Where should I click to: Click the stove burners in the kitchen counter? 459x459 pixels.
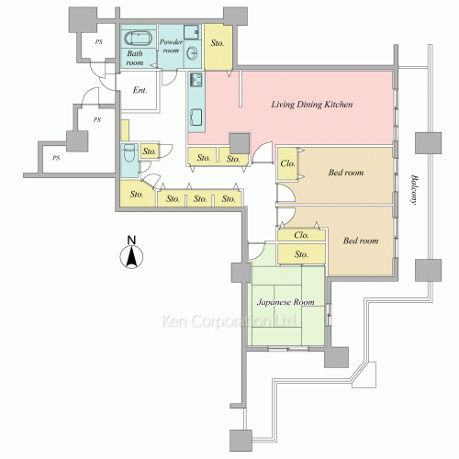196,80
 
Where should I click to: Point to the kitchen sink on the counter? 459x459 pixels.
196,118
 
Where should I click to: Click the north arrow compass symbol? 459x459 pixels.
131,257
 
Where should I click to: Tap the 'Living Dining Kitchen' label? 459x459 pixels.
312,105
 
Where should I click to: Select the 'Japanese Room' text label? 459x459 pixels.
285,302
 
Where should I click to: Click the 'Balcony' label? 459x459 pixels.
414,189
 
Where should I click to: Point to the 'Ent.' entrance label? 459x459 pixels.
140,90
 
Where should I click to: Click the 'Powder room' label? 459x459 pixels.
171,46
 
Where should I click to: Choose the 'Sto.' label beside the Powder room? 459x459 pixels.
218,43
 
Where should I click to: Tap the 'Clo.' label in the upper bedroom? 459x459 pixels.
287,163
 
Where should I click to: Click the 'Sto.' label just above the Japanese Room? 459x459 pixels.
301,254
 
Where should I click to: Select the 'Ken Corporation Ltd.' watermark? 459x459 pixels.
229,321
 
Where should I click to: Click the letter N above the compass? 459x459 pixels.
131,240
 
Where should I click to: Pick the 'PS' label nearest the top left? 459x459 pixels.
98,42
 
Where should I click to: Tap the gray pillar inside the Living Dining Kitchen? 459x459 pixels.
240,143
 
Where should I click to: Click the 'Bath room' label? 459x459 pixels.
135,58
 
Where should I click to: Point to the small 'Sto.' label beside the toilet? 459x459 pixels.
150,151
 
